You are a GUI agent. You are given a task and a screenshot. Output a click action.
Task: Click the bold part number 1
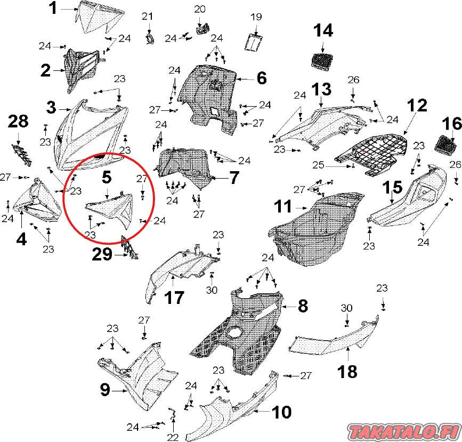point(53,8)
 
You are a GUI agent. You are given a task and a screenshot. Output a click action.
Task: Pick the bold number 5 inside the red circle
point(107,176)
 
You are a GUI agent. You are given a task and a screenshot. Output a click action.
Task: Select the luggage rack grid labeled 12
point(372,155)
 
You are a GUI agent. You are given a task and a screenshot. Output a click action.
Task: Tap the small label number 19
point(256,17)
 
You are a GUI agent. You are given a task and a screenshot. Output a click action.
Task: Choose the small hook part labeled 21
point(151,39)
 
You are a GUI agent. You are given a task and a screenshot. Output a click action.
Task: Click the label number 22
point(173,437)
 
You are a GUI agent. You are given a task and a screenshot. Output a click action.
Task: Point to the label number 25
point(318,165)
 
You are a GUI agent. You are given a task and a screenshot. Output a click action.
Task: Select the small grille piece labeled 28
point(22,154)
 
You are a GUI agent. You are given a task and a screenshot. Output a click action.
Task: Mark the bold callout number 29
point(102,254)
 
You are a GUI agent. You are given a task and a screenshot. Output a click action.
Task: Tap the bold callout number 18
point(347,372)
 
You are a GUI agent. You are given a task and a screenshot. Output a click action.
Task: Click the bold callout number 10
point(282,412)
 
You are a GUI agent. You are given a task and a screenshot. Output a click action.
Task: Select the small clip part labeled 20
point(202,29)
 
